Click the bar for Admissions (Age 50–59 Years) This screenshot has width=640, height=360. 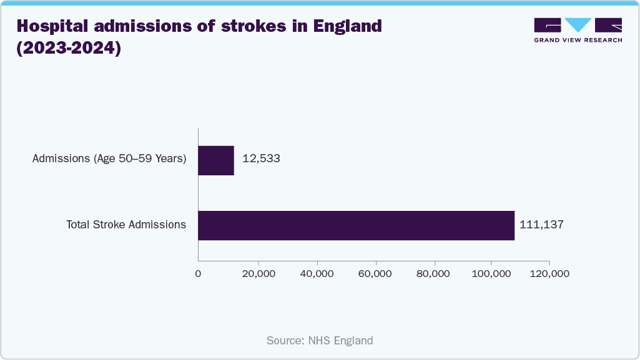(216, 160)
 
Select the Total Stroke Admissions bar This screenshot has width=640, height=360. (356, 225)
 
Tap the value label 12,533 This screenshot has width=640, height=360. (261, 158)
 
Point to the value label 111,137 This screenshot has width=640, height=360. (541, 225)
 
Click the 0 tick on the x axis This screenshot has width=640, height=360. (198, 273)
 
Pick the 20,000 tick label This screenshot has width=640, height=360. (258, 273)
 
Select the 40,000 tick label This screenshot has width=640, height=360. (317, 273)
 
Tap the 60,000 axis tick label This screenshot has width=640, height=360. (376, 273)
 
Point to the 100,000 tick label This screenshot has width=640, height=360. (491, 273)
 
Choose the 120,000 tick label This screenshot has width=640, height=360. (549, 273)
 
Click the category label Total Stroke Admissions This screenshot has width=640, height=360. (126, 225)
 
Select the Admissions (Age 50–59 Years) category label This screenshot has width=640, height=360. (109, 158)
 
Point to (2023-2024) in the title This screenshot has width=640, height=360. (69, 49)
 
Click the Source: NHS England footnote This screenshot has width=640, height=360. (320, 341)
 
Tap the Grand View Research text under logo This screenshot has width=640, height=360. (578, 40)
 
